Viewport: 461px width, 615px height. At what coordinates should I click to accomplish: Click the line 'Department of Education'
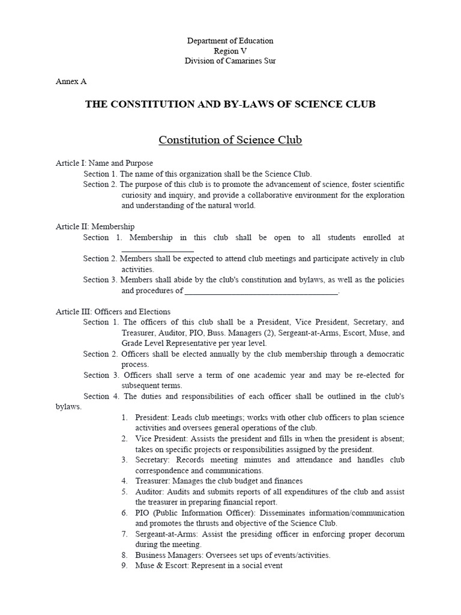tap(230, 41)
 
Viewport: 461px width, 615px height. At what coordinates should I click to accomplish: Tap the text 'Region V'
tap(230, 51)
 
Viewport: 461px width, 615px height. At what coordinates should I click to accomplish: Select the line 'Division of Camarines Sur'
tap(230, 61)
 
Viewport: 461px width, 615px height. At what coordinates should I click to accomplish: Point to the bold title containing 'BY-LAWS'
tap(230, 105)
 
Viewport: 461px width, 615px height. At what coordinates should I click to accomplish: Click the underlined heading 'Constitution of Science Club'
tap(230, 141)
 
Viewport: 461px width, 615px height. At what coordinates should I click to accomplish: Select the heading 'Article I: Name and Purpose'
tap(104, 163)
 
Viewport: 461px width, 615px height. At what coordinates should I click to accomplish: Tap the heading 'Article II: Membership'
tap(95, 226)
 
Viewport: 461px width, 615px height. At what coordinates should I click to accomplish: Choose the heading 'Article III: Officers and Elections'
tap(113, 312)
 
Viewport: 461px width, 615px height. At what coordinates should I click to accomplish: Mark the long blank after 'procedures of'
tap(261, 292)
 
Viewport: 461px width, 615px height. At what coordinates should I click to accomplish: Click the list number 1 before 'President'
tap(124, 417)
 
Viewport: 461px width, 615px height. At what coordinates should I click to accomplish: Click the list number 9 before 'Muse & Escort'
tap(124, 566)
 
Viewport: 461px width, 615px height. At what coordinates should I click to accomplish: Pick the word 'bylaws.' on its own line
tap(68, 407)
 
